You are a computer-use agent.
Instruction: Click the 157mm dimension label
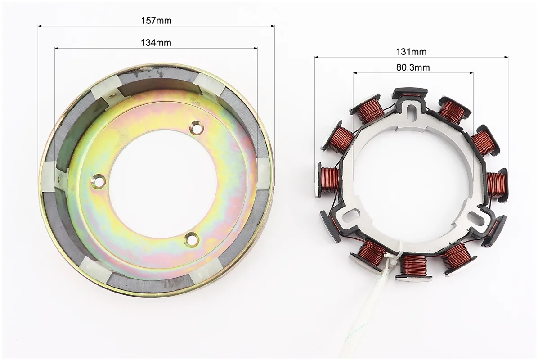click(156, 21)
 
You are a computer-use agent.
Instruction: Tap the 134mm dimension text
click(156, 43)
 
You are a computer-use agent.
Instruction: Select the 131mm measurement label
click(412, 52)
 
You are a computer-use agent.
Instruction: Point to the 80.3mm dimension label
click(413, 67)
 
